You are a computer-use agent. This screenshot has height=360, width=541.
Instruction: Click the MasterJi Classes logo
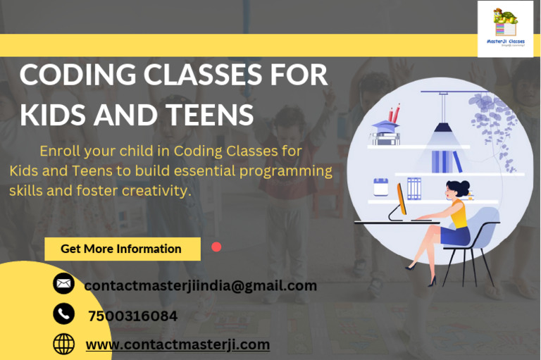tap(505, 28)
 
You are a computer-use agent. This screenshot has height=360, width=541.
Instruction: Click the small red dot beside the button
tap(216, 247)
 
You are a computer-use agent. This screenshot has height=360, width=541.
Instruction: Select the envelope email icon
tap(63, 283)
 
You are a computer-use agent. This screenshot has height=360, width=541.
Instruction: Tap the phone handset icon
tap(63, 314)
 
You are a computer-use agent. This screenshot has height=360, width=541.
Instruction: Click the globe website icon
tap(63, 344)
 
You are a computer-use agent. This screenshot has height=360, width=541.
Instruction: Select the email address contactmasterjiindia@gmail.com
tap(200, 285)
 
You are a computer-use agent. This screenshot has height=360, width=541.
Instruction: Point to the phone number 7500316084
tap(132, 316)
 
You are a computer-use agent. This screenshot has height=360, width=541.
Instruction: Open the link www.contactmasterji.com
tap(178, 345)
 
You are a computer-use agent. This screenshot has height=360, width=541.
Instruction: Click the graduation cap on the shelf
tap(384, 128)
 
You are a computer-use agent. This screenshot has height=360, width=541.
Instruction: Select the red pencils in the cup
tap(394, 113)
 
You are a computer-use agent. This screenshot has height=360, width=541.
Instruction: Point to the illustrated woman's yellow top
tap(459, 213)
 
